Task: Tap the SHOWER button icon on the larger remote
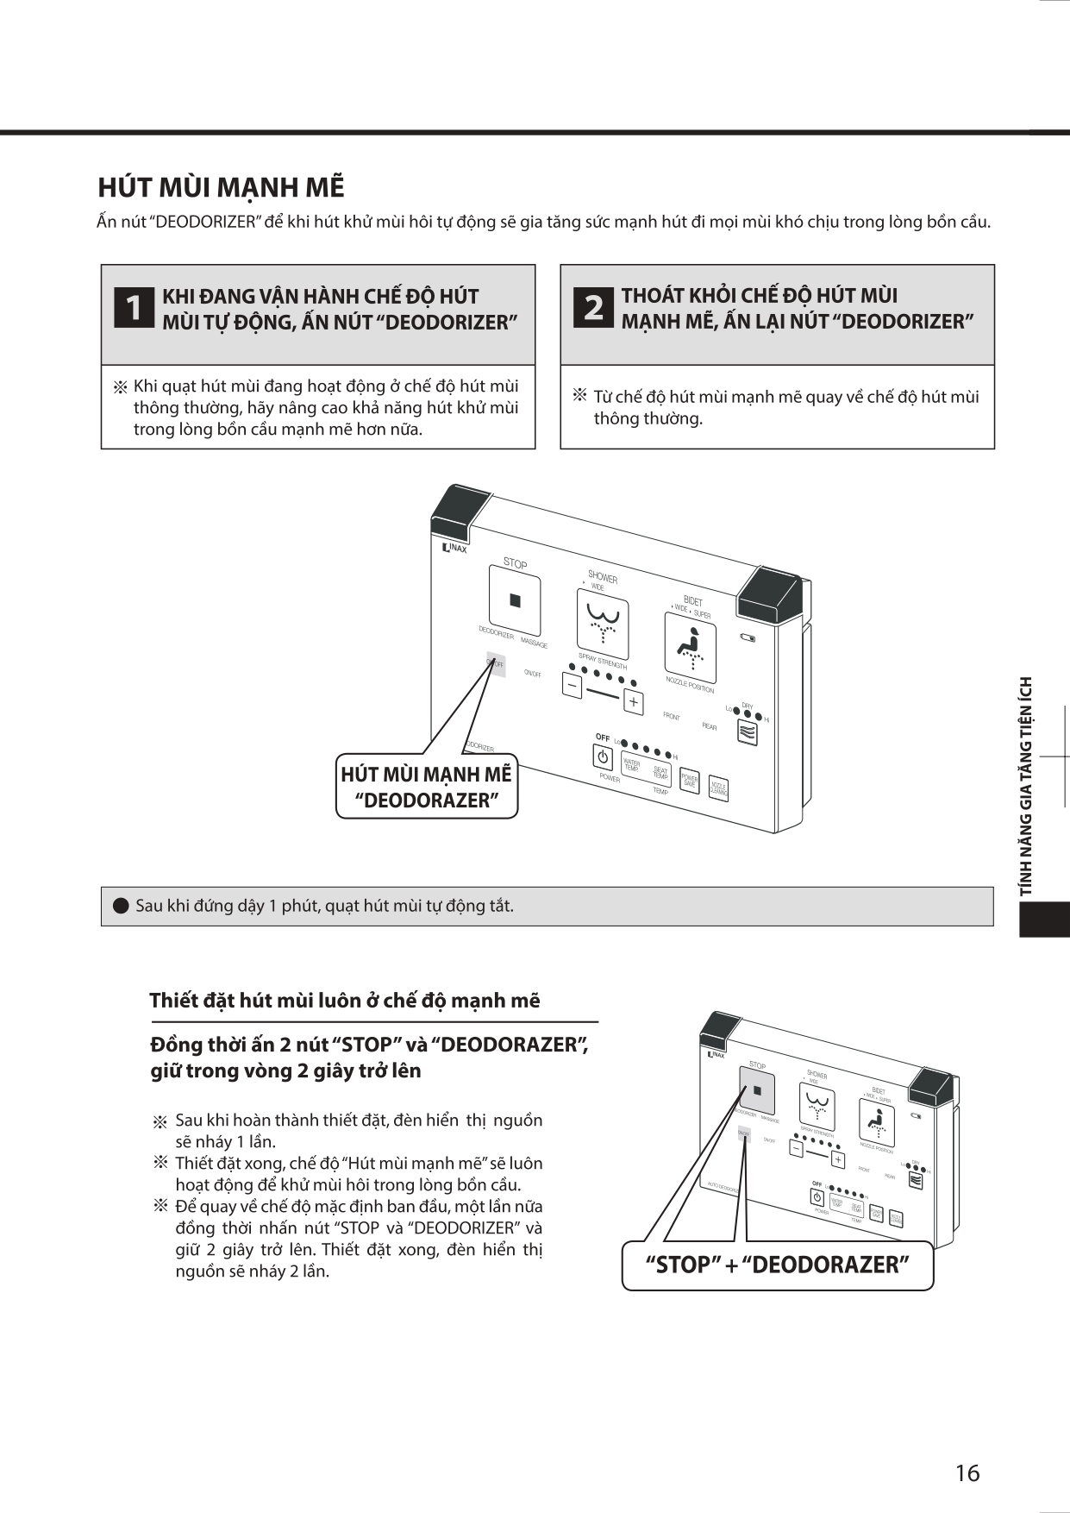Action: (x=603, y=623)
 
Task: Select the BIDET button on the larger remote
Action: (x=690, y=648)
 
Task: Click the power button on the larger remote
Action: (x=602, y=757)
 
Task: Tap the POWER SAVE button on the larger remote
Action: (x=689, y=781)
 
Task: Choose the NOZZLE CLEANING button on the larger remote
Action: (x=718, y=788)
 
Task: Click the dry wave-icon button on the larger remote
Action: (x=747, y=732)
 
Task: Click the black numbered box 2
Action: (x=593, y=308)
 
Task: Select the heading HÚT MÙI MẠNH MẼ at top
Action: (x=221, y=187)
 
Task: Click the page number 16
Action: (x=967, y=1472)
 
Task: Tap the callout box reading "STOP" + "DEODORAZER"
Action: (x=778, y=1265)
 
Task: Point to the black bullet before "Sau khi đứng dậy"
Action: (x=121, y=906)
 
